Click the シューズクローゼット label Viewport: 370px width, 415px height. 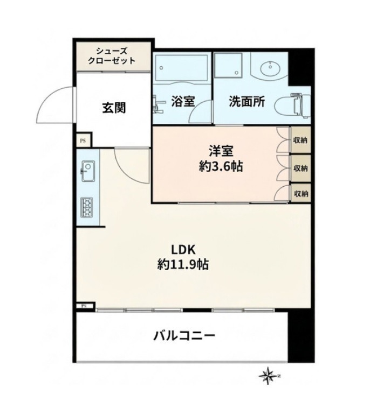tap(112, 56)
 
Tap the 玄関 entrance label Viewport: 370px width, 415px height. tap(114, 108)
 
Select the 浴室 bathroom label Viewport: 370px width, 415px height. tap(183, 101)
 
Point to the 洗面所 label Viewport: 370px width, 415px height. tap(247, 101)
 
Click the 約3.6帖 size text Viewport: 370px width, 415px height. tap(221, 166)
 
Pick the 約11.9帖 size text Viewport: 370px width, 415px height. tap(183, 264)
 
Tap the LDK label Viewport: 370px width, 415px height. tap(183, 250)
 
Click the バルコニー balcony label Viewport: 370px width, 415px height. tap(184, 336)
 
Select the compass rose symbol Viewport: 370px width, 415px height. tap(269, 376)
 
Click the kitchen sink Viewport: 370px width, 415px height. tap(88, 171)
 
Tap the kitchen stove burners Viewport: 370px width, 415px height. tap(87, 208)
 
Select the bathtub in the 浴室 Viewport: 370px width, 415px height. tap(182, 67)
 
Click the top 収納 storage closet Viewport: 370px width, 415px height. tap(300, 140)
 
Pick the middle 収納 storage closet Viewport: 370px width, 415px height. tap(300, 168)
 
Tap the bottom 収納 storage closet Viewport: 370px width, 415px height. tap(300, 193)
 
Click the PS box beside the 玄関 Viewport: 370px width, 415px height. tap(83, 140)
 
